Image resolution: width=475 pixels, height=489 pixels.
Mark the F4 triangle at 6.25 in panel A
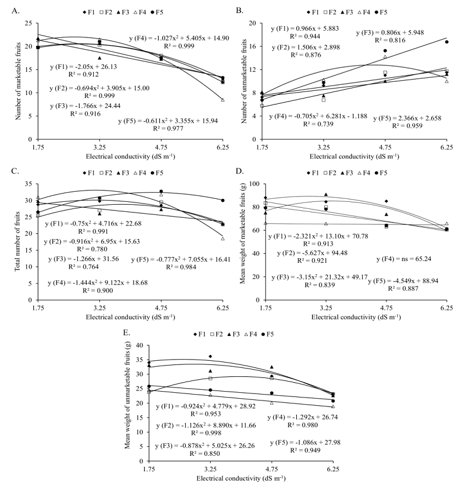[222, 100]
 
